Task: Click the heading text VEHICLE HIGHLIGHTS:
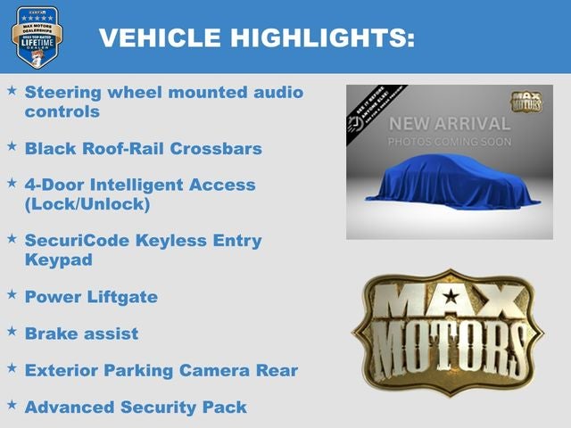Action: click(256, 37)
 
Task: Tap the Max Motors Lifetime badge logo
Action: click(37, 37)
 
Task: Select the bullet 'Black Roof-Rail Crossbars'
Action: click(143, 148)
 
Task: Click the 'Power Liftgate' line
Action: click(91, 297)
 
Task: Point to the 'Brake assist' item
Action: click(81, 333)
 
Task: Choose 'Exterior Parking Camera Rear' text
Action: click(161, 370)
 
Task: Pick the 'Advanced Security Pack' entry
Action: click(136, 407)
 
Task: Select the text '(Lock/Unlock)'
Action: click(87, 203)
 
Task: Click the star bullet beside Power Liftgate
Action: click(12, 293)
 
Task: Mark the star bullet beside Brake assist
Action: click(12, 330)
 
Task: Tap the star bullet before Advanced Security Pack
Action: click(12, 404)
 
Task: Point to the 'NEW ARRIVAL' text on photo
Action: click(449, 123)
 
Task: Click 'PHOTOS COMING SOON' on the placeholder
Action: click(449, 142)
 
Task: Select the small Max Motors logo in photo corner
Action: click(526, 102)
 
